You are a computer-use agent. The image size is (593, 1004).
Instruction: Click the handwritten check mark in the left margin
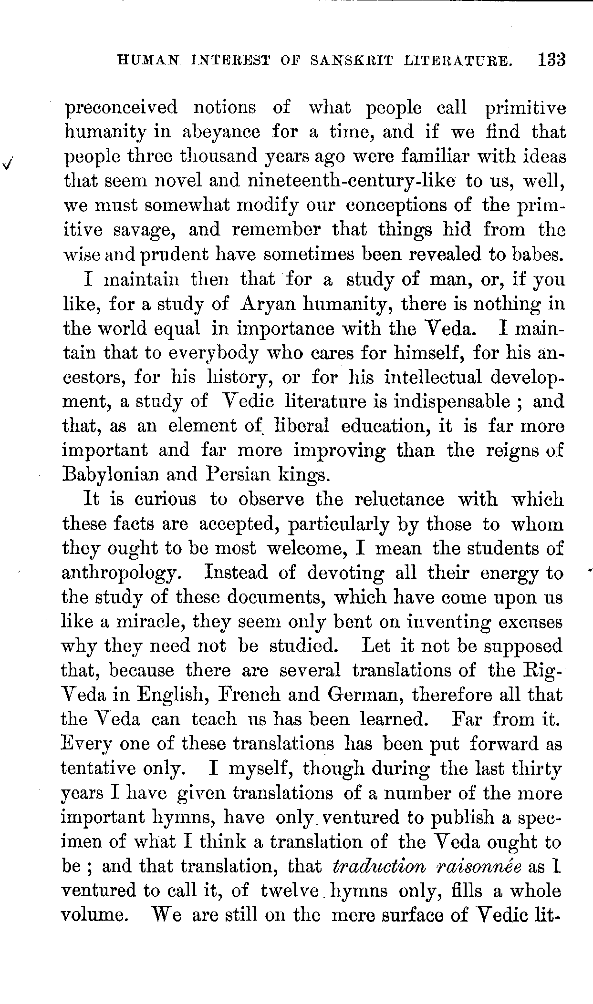[x=8, y=163]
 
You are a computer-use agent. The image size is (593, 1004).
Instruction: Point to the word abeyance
[x=221, y=132]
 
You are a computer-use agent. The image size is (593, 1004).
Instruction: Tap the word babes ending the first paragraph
[x=537, y=255]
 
